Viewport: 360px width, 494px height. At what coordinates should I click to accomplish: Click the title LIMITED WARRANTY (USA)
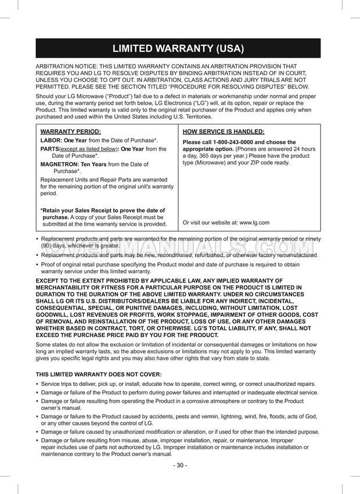point(178,48)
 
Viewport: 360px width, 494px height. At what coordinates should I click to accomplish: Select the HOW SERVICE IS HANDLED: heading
point(223,131)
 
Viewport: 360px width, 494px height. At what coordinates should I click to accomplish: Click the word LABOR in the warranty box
point(51,141)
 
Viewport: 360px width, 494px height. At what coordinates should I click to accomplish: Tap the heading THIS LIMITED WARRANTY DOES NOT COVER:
point(99,374)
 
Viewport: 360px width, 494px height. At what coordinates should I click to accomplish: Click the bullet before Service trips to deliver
point(38,384)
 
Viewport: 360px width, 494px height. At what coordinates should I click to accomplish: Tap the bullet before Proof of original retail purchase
point(38,264)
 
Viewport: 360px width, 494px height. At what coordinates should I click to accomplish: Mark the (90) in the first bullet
point(48,246)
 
